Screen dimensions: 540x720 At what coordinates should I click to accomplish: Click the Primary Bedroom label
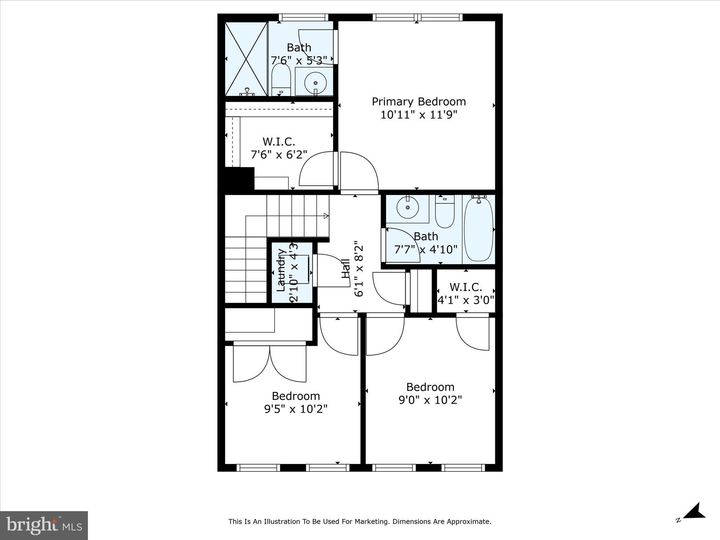(x=418, y=102)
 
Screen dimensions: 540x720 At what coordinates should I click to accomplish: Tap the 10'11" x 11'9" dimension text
(x=418, y=115)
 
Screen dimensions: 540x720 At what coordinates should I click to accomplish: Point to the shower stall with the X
(x=246, y=59)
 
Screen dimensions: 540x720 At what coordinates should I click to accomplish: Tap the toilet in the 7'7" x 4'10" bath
(x=445, y=211)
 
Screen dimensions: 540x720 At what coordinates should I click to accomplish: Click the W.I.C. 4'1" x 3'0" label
(x=466, y=294)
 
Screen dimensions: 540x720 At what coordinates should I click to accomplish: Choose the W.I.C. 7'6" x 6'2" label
(x=279, y=148)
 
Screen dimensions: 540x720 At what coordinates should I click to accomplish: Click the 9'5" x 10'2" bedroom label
(x=296, y=403)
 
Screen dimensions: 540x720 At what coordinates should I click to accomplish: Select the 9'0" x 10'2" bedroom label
(x=430, y=393)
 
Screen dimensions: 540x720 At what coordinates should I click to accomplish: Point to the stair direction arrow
(x=326, y=216)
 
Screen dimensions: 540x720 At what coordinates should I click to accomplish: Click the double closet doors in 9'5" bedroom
(x=270, y=364)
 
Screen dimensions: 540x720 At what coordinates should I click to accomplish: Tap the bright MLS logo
(x=44, y=525)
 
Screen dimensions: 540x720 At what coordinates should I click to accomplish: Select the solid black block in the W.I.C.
(x=239, y=178)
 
